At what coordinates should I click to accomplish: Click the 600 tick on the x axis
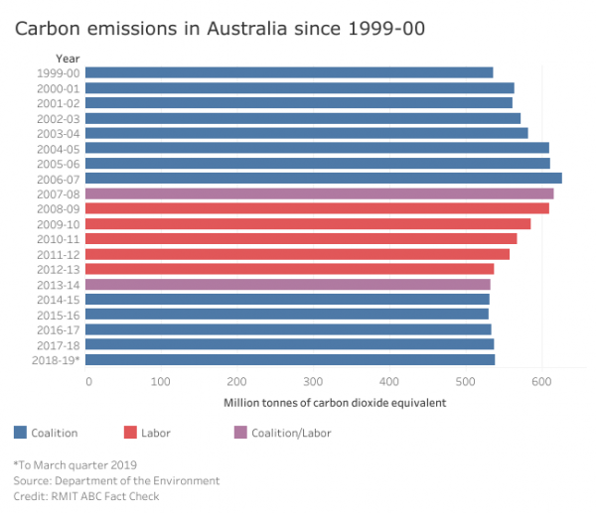pos(541,381)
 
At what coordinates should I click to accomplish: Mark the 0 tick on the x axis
pos(88,381)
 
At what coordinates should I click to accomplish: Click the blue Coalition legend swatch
pos(20,433)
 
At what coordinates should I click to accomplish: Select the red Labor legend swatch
pos(129,433)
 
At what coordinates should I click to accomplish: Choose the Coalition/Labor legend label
pos(291,433)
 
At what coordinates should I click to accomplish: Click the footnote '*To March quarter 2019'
pos(74,464)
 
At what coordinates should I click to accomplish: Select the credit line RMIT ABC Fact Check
pos(85,496)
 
